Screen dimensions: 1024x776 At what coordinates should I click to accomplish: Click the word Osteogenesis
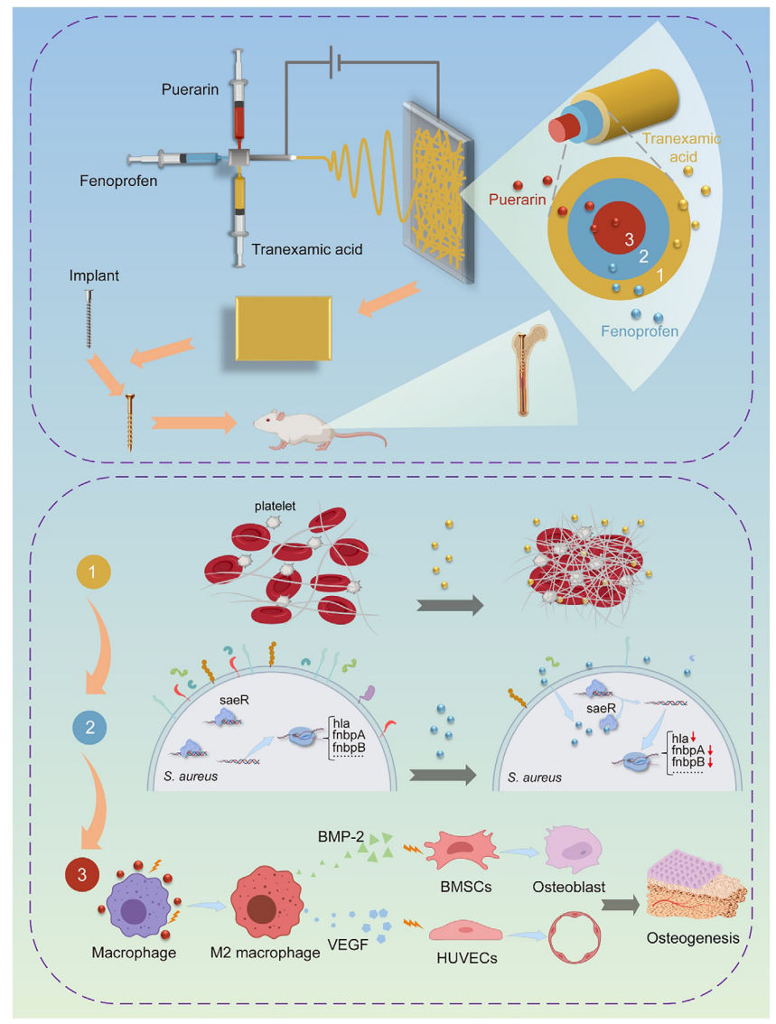click(693, 938)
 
